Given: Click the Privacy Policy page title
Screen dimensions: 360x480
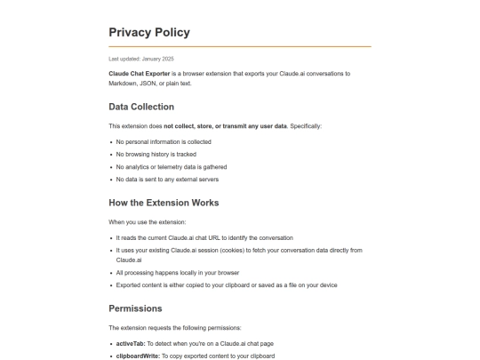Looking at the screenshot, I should tap(148, 33).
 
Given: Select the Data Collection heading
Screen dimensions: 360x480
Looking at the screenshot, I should tap(141, 107).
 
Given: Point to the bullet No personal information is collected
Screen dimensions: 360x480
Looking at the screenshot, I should tap(164, 141).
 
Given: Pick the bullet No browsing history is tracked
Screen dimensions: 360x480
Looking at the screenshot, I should tap(156, 154).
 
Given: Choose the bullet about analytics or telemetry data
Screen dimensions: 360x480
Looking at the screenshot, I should tap(172, 166).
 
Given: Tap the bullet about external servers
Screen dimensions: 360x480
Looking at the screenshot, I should tap(167, 179).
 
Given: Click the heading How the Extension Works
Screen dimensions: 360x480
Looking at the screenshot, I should tap(164, 203).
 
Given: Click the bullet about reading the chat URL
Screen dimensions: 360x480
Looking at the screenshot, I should tap(204, 237).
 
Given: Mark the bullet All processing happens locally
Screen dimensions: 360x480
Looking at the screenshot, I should tap(178, 272).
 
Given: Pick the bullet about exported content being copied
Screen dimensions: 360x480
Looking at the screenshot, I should tap(226, 284).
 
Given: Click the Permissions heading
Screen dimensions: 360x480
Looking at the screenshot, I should tap(135, 308).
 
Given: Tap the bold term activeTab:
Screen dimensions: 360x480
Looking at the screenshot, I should tap(132, 343).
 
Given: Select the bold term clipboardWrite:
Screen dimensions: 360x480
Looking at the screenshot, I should tap(138, 356).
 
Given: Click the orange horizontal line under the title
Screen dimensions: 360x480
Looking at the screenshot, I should tap(240, 46).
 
